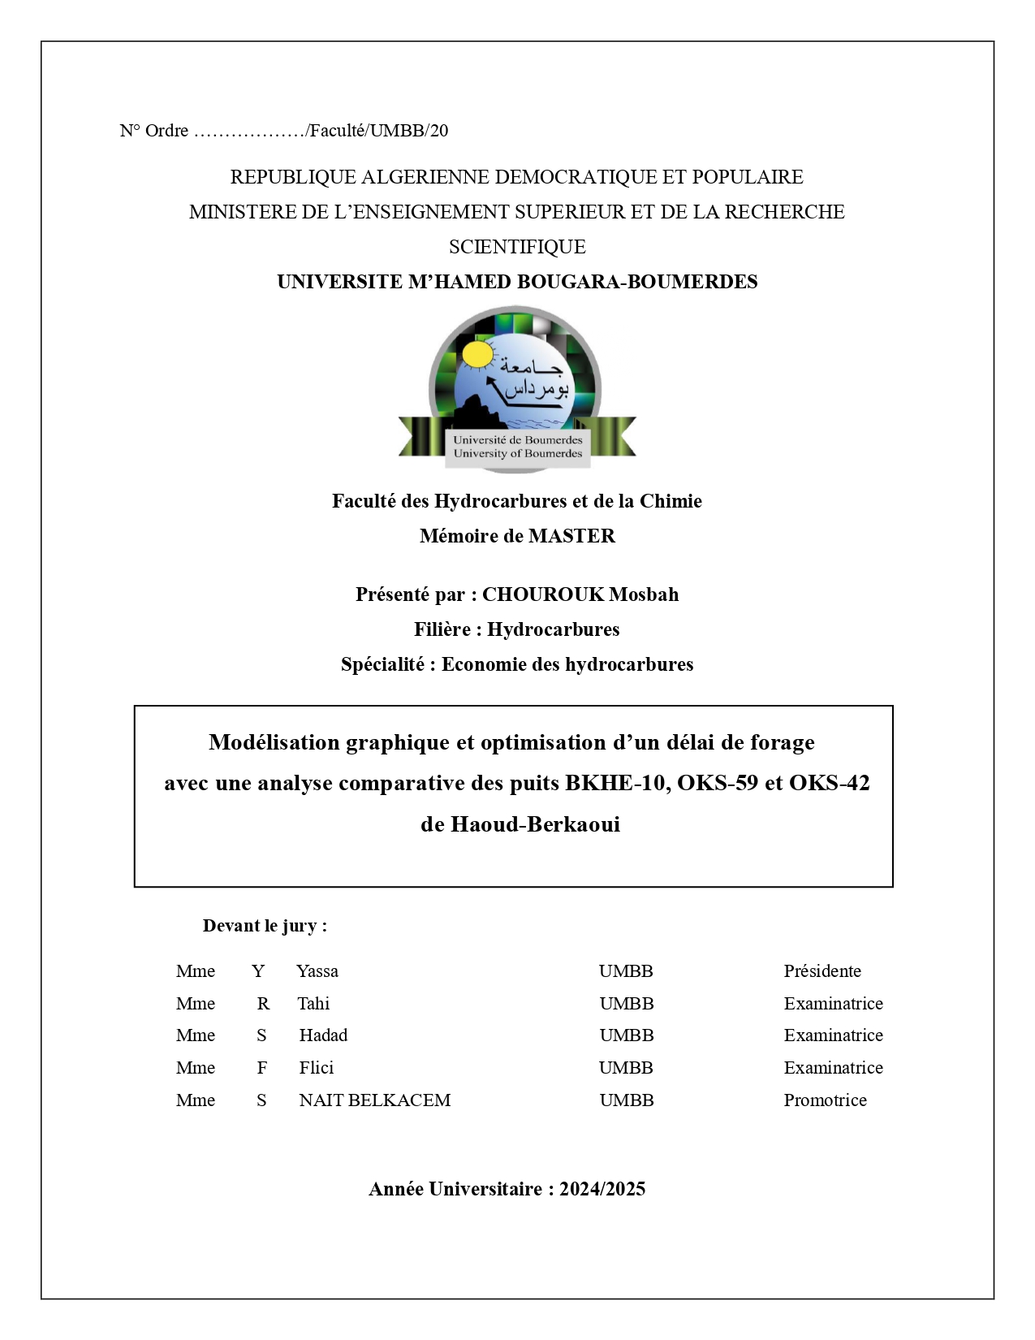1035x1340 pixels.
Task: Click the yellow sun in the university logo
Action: click(477, 355)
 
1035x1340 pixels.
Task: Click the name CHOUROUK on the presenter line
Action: click(543, 594)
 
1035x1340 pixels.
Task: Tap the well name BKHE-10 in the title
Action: click(618, 783)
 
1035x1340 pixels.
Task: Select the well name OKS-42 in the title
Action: click(829, 783)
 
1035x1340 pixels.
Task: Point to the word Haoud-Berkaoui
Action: click(535, 824)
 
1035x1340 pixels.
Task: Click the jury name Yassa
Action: click(317, 971)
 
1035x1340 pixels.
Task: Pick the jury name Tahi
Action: click(313, 1004)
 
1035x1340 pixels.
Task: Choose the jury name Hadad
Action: click(323, 1035)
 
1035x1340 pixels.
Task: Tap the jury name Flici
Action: click(316, 1068)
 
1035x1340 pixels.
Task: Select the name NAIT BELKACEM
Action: click(374, 1100)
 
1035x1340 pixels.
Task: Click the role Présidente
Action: click(822, 971)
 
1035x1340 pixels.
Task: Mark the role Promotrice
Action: click(825, 1100)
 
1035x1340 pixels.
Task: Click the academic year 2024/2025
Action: click(602, 1189)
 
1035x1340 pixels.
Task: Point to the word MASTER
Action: click(571, 536)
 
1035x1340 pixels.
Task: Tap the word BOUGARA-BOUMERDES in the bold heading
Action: click(636, 282)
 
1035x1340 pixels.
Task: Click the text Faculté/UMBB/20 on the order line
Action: click(378, 131)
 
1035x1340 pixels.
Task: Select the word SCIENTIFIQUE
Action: click(517, 247)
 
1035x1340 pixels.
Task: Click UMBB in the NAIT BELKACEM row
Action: click(626, 1100)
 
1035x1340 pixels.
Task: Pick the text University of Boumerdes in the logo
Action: click(517, 453)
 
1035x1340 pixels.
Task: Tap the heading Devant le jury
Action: click(265, 926)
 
